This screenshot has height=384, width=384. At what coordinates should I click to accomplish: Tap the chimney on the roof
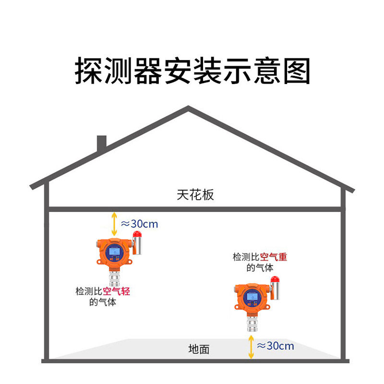point(101,144)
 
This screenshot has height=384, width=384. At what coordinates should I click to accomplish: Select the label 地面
point(199,349)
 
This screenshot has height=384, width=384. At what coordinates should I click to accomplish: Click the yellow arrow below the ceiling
point(114,224)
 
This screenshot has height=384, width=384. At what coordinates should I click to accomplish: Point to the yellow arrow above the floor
point(251,347)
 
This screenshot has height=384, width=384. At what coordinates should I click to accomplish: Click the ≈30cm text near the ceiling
point(139,224)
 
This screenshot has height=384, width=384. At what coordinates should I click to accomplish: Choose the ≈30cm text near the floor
point(276,346)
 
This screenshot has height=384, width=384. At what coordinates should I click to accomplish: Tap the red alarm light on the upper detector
point(137,235)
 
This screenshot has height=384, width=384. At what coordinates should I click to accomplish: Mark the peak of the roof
point(188,109)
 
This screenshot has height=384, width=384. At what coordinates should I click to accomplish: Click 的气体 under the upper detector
point(103,302)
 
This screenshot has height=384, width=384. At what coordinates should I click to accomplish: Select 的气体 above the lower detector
point(260,268)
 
